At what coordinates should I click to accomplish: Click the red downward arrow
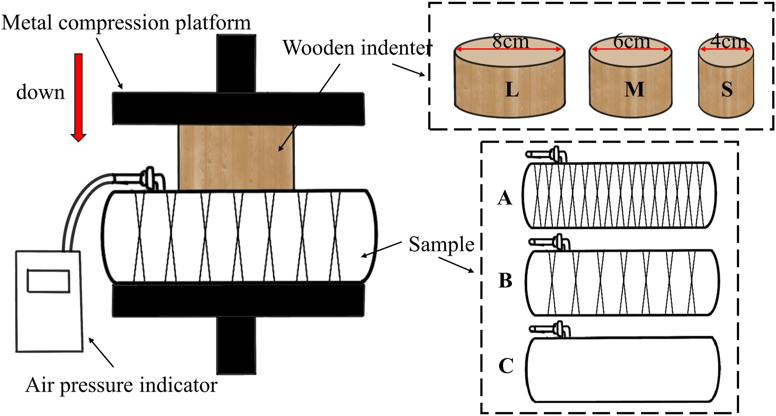[x=78, y=97]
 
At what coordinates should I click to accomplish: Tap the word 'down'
[x=40, y=92]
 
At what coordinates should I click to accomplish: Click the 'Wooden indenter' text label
[x=357, y=48]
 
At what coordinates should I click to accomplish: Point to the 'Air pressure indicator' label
[x=121, y=385]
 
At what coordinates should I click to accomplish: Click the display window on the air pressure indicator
[x=48, y=281]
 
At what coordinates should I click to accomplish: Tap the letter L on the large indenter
[x=512, y=89]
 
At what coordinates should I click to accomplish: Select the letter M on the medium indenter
[x=634, y=89]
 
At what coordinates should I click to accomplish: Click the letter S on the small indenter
[x=727, y=89]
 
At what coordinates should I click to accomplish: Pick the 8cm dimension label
[x=511, y=41]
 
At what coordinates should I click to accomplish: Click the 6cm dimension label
[x=632, y=41]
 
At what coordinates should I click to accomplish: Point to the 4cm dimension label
[x=729, y=41]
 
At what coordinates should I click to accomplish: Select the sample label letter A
[x=505, y=198]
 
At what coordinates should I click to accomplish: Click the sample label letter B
[x=505, y=280]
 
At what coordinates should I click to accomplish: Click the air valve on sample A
[x=547, y=155]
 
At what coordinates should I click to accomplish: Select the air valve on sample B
[x=550, y=242]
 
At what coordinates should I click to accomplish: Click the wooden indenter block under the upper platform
[x=236, y=157]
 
